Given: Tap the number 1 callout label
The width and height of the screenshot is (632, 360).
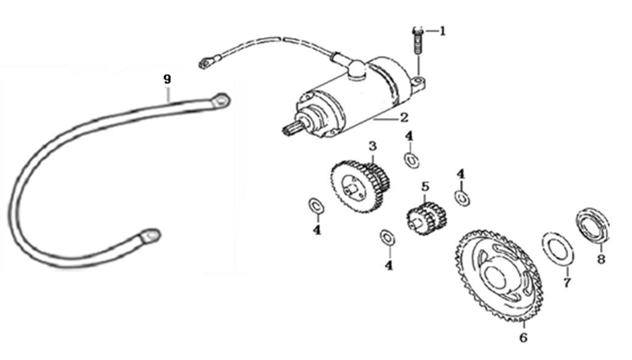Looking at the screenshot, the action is pos(443,31).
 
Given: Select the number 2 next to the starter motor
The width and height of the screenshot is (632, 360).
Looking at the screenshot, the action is pos(404,117).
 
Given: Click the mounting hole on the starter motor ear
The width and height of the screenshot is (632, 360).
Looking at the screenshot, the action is pos(419,80).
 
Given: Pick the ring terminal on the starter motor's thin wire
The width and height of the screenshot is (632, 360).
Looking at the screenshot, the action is pos(206,62).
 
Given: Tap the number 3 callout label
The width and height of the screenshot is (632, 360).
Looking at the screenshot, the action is pos(372,146).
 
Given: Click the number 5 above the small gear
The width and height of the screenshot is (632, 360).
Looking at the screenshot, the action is pos(426,186).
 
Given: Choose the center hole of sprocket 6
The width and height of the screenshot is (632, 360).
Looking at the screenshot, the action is pos(496,277).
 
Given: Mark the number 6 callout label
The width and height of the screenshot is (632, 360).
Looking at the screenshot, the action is pos(523,337).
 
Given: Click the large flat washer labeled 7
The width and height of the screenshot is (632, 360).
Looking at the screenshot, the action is pos(558,249).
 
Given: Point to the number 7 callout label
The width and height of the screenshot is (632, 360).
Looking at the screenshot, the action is pos(567,283).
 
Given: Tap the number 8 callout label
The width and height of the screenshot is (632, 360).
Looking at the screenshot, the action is pos(601,259).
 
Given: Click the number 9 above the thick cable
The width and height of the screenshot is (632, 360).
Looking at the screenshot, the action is pos(167,79).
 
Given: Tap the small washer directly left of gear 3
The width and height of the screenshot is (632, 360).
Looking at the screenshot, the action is pos(316,206).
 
